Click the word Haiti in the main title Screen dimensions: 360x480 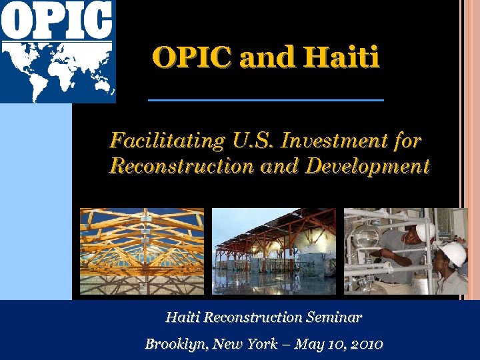341,57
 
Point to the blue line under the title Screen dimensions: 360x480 265,100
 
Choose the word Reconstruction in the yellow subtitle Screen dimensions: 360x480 181,165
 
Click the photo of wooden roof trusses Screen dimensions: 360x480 142,251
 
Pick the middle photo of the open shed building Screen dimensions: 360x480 274,251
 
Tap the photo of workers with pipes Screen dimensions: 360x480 405,251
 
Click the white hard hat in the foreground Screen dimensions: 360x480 453,254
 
